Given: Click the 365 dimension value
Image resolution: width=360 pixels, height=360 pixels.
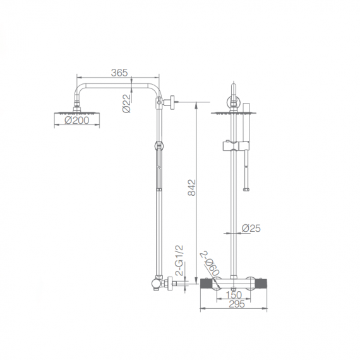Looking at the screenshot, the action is click(x=119, y=73).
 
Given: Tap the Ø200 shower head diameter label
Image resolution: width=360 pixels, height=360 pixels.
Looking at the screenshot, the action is click(x=76, y=120).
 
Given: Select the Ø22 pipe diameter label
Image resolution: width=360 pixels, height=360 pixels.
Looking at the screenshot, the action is click(x=126, y=104).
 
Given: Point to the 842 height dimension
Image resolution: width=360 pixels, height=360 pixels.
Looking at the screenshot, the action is click(x=192, y=188).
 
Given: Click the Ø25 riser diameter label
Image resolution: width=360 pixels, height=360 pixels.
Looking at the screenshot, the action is click(x=251, y=228).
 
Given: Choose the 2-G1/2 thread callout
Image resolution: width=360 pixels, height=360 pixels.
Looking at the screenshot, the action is click(x=179, y=260).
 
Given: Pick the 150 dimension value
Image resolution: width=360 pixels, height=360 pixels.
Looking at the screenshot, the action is click(x=234, y=295).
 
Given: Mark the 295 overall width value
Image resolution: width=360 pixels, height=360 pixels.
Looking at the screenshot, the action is click(x=237, y=304).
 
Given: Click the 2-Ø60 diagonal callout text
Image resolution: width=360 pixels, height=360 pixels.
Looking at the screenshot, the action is click(x=210, y=264).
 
